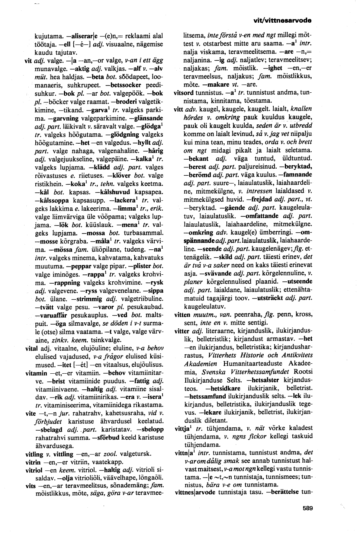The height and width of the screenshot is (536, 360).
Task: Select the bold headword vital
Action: point(31,348)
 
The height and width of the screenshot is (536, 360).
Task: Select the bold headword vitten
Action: point(182,314)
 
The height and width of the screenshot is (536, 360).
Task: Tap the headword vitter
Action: point(182,331)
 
